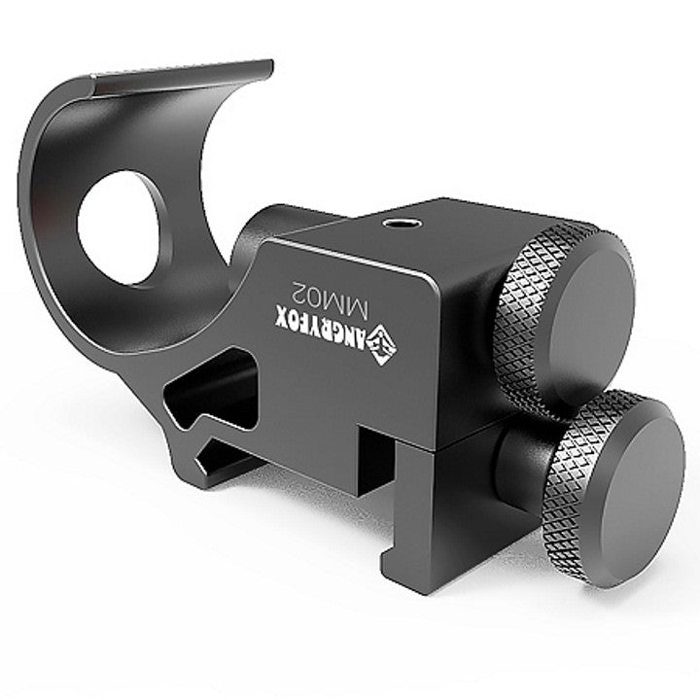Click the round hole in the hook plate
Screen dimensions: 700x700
(x=118, y=227)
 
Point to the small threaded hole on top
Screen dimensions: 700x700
(x=397, y=225)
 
